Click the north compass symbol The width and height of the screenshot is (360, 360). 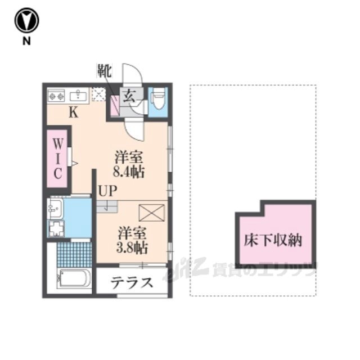(x=26, y=20)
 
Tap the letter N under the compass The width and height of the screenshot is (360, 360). (x=26, y=41)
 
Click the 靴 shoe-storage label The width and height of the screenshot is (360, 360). (x=105, y=70)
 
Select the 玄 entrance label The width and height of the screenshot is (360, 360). (x=129, y=96)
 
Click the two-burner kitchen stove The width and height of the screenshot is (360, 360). (x=56, y=96)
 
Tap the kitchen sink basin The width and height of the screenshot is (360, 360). (x=78, y=95)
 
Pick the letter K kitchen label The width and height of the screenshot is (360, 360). (x=74, y=112)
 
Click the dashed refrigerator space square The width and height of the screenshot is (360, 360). (x=98, y=94)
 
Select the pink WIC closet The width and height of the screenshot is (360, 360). (x=57, y=159)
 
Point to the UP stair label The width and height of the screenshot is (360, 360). (x=107, y=191)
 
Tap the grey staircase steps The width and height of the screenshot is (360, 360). (x=107, y=206)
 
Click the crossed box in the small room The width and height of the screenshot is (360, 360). (x=152, y=213)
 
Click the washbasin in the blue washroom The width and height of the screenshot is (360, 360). (x=55, y=208)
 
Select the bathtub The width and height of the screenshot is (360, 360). (x=74, y=278)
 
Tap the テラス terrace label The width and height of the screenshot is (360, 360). (x=132, y=282)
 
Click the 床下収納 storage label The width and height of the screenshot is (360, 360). (x=272, y=240)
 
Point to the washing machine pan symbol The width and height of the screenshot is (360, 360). (x=56, y=229)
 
